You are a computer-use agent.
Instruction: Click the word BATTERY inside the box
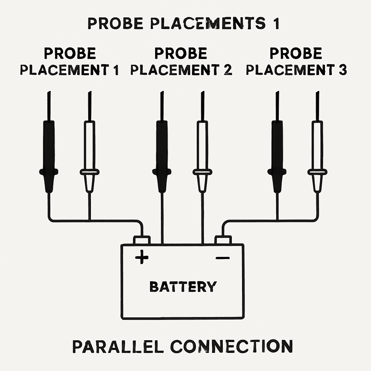point(183,287)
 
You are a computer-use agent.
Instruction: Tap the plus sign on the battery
point(142,258)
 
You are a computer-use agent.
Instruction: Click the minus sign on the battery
point(222,258)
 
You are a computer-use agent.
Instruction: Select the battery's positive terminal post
point(142,240)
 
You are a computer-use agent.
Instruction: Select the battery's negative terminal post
point(223,240)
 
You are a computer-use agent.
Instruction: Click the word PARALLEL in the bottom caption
point(118,346)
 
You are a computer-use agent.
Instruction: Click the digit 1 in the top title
point(275,24)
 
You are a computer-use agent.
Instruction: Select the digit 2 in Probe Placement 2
point(228,70)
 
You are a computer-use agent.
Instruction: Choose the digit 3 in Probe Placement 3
point(343,70)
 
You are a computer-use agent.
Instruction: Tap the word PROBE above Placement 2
point(181,54)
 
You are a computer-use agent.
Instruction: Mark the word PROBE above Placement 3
point(296,54)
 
